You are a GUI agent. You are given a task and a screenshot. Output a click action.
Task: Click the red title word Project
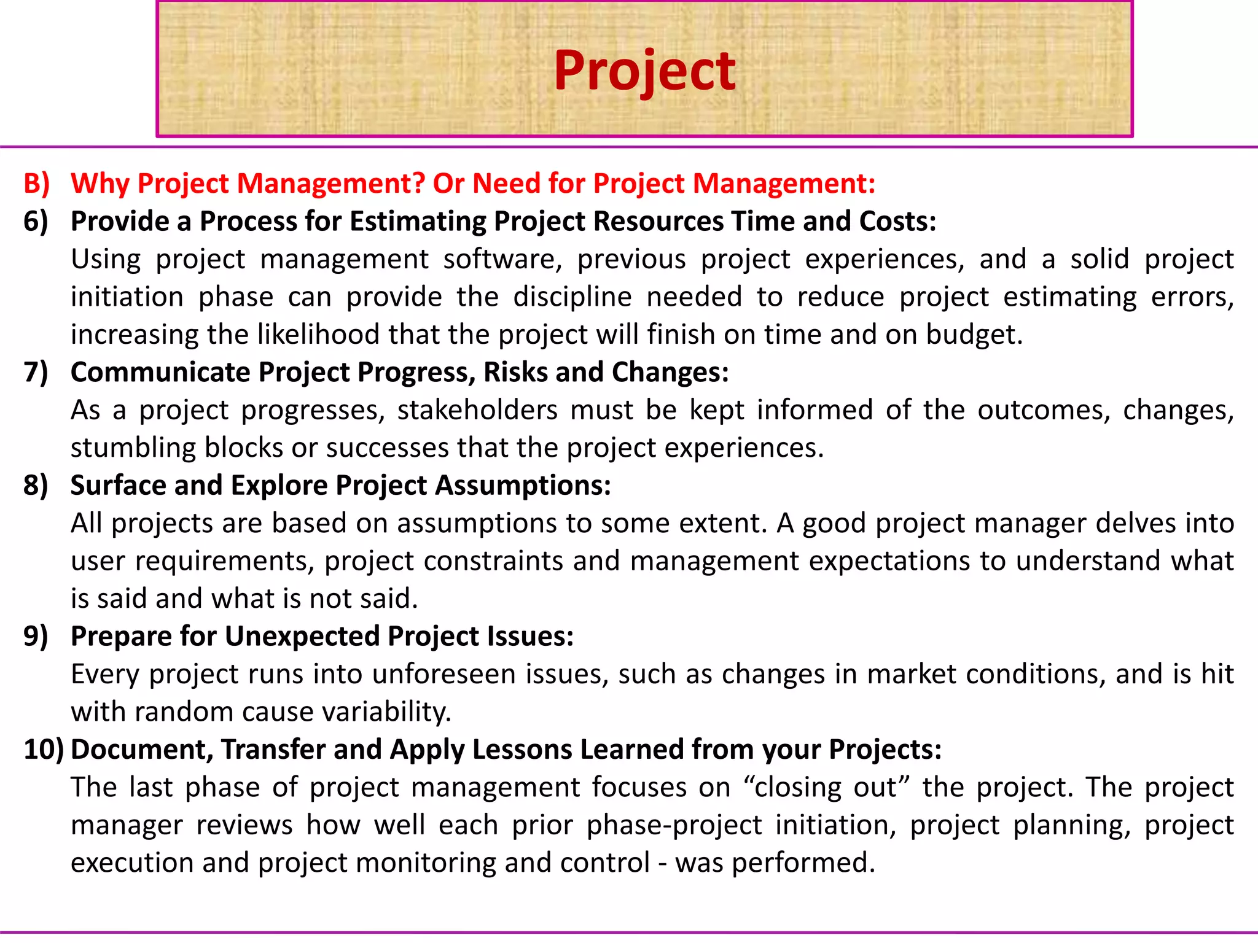pos(644,71)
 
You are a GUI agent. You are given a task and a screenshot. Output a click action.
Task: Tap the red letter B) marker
pos(36,184)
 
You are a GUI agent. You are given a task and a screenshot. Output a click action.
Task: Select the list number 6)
pos(36,222)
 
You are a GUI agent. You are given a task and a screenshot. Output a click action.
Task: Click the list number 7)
pos(36,373)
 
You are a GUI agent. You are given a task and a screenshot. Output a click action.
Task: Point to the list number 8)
pos(36,486)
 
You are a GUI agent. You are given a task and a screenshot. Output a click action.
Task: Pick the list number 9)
pos(36,637)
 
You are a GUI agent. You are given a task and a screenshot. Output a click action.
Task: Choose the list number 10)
pos(43,750)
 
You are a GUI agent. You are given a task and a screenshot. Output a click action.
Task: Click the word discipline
pos(572,297)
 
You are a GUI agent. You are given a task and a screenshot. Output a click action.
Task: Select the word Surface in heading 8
pos(118,486)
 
